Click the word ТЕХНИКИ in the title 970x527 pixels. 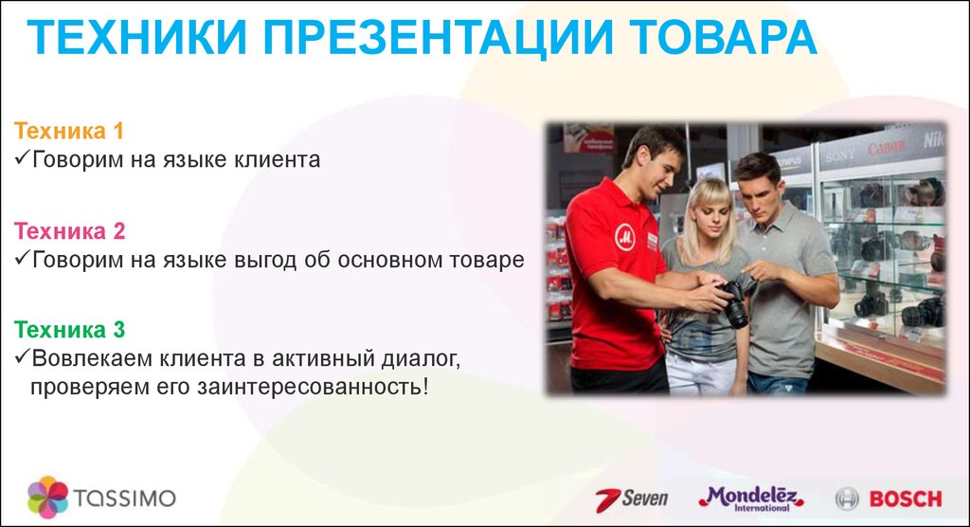[x=136, y=37]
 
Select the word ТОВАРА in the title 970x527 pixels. [x=724, y=37]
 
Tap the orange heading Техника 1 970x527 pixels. [x=68, y=131]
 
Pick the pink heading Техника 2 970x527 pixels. [x=69, y=231]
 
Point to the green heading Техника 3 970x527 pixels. [x=69, y=330]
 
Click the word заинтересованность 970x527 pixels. [x=312, y=387]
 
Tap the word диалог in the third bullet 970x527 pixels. [x=421, y=359]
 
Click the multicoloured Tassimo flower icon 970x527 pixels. [x=47, y=497]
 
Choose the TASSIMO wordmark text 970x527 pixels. [x=125, y=498]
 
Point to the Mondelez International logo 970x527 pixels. [x=751, y=499]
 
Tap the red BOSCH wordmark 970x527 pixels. [x=906, y=500]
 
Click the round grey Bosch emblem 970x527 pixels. [x=847, y=500]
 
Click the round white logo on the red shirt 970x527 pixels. [x=625, y=237]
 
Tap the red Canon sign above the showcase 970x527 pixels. [x=886, y=148]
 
